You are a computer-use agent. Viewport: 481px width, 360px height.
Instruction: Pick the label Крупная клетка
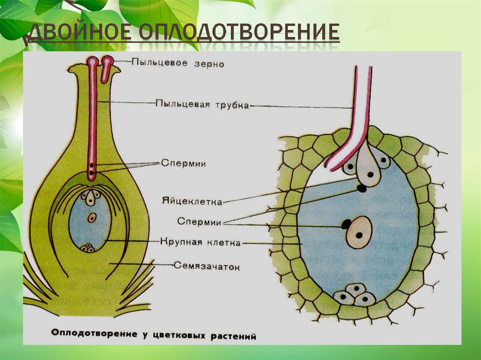(200, 243)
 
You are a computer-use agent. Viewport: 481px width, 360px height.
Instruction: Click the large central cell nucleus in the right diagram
(359, 232)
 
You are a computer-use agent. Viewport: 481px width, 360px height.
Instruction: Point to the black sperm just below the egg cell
(362, 189)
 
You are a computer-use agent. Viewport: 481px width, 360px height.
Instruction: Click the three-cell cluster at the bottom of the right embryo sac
(355, 294)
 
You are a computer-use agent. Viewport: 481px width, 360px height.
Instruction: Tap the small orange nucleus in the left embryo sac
(92, 217)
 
